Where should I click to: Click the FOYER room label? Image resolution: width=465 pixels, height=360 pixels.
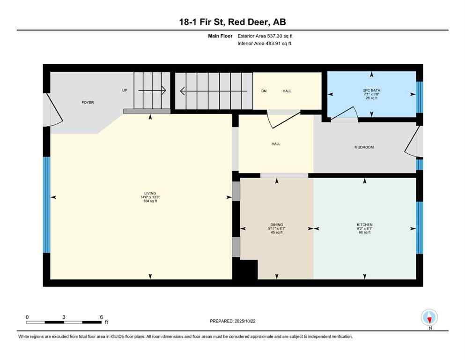tap(88, 102)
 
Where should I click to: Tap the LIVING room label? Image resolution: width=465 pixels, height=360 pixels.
tap(150, 193)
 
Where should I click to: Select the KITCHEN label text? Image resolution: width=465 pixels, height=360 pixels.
tap(364, 225)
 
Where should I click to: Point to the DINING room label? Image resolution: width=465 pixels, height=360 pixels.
tap(276, 225)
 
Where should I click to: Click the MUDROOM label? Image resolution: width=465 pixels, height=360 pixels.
tap(364, 147)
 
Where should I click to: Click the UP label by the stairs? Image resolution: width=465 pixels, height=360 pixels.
tap(125, 90)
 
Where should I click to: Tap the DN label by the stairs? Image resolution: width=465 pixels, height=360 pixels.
tap(264, 91)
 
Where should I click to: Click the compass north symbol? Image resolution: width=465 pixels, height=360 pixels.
tap(429, 318)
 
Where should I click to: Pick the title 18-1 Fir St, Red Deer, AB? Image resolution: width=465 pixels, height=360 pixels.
tap(232, 22)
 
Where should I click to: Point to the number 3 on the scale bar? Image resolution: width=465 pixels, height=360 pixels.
tap(64, 317)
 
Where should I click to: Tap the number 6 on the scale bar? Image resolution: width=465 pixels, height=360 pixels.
tap(101, 317)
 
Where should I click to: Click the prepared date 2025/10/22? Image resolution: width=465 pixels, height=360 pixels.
tap(256, 321)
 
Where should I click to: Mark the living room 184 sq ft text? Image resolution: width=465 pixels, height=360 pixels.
tap(150, 201)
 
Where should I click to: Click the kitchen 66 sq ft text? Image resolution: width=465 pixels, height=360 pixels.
tap(364, 232)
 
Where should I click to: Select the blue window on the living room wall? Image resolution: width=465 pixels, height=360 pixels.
tap(46, 204)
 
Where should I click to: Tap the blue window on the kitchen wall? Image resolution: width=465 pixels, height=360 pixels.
tap(420, 227)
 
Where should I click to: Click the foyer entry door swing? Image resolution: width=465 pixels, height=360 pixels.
tap(54, 111)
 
